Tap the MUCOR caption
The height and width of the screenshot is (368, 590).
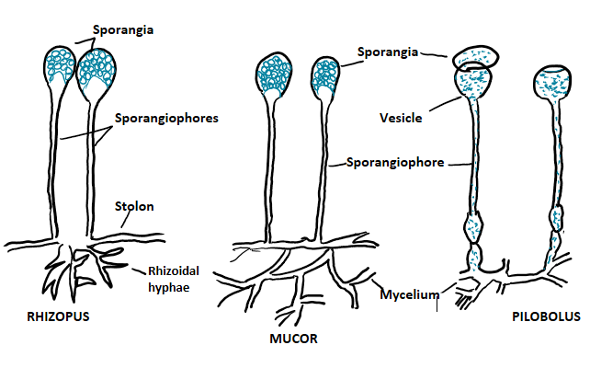click(291, 338)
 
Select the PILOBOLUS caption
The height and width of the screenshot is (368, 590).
click(548, 316)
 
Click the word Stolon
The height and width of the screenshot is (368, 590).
click(134, 206)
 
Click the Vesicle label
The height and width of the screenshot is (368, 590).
click(401, 117)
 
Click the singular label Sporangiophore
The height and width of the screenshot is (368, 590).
click(396, 163)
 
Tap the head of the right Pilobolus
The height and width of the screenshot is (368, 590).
click(559, 86)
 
